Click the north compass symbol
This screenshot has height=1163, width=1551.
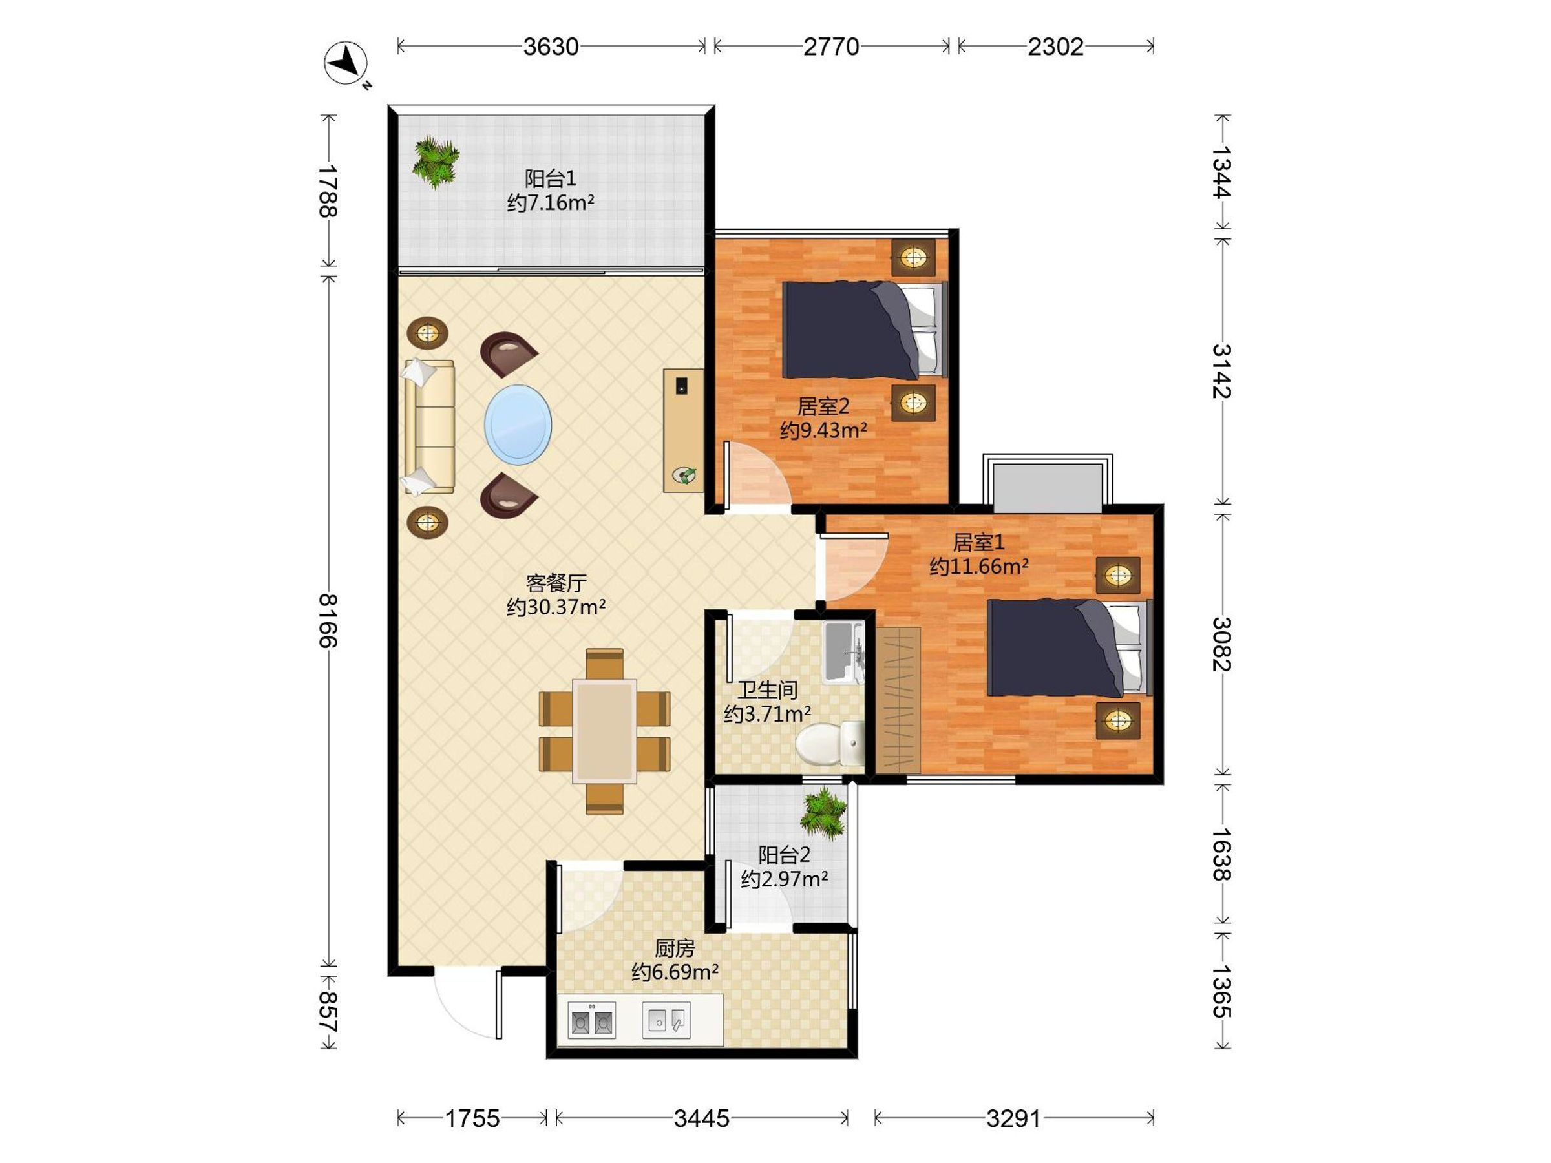point(346,64)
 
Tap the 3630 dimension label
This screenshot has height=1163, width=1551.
point(551,47)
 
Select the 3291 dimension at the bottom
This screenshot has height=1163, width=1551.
point(1013,1118)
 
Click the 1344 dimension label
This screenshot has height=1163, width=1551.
point(1221,172)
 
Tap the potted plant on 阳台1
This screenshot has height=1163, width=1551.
point(436,163)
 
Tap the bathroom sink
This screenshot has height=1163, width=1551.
point(843,652)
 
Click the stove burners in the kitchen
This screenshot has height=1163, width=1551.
point(591,1020)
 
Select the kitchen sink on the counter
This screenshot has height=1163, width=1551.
point(666,1020)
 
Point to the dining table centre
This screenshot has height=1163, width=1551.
point(604,731)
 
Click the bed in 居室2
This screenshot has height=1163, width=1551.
point(865,330)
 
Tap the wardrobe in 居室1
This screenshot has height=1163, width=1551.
point(898,700)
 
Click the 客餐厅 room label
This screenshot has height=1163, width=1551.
point(556,583)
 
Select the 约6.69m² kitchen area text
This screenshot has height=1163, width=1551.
point(675,972)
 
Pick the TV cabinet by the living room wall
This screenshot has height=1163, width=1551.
point(684,430)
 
